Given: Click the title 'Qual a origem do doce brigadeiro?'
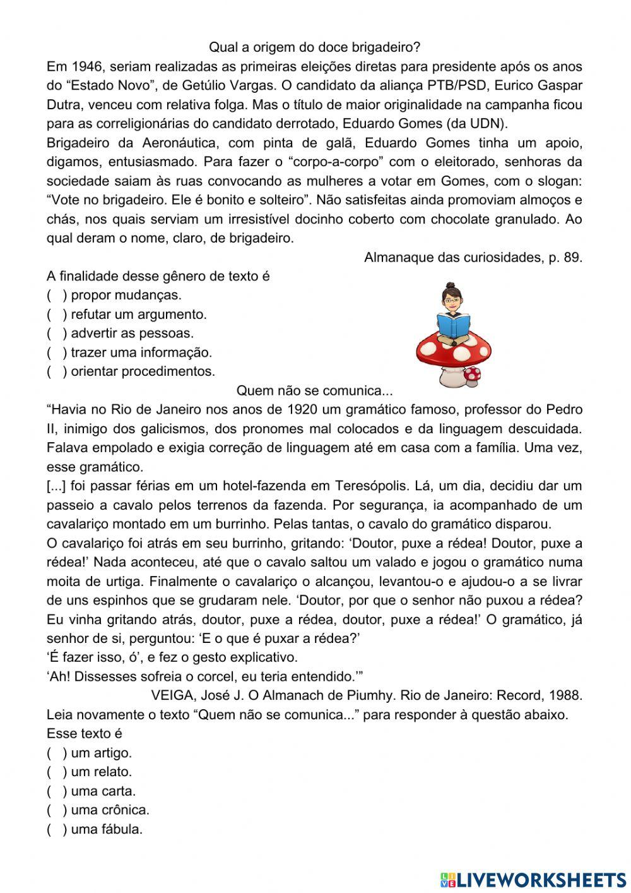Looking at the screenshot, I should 314,47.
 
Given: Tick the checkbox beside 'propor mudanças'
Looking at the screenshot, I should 56,295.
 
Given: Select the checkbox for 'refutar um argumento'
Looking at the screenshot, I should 56,314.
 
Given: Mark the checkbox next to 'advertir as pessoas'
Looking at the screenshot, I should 56,333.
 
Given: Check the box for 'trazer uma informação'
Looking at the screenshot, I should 56,352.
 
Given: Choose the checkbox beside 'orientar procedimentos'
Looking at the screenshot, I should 56,371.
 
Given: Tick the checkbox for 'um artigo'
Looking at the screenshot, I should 56,753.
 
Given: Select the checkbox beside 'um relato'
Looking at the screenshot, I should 56,772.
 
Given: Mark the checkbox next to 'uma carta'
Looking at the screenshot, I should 56,791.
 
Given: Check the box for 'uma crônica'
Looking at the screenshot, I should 56,810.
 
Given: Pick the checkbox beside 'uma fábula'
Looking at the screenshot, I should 56,829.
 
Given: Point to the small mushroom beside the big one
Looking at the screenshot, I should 471,376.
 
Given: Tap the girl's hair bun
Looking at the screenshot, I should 449,286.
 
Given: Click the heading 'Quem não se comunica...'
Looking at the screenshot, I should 314,390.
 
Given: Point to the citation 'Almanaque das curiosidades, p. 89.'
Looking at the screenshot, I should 473,257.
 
